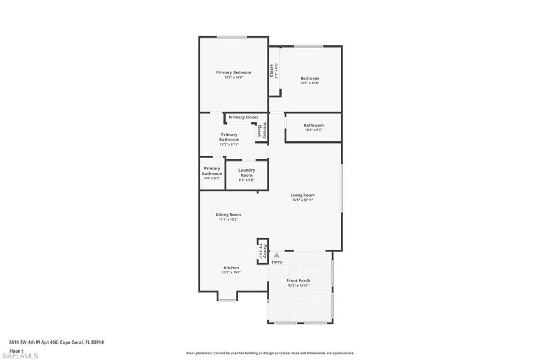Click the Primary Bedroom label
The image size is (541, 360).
coord(233,72)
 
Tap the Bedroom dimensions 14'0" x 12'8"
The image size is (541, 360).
coord(310,83)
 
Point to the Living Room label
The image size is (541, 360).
coord(302,195)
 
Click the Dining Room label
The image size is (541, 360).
coord(228,214)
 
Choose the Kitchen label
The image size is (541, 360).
coord(231,268)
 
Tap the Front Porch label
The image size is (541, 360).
coord(299,280)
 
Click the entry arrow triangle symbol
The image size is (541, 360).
coord(276,255)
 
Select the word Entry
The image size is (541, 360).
coord(276,262)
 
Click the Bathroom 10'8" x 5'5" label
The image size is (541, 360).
coord(313,125)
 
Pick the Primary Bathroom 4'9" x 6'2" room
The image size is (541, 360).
coord(212,173)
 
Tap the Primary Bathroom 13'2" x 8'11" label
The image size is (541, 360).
coord(229,137)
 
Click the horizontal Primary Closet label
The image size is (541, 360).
coord(243,117)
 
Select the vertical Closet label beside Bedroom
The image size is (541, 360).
coord(272,71)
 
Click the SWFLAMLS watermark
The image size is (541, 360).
coord(20,356)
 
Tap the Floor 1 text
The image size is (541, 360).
coord(16,350)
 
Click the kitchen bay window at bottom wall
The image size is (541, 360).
coord(227,300)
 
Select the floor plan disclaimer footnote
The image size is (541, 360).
coord(270,353)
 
